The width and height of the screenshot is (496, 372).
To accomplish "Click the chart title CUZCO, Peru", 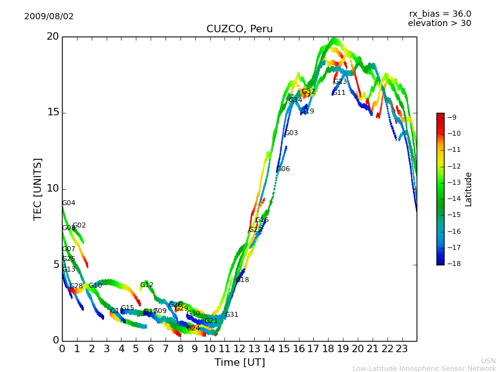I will pyautogui.click(x=239, y=29).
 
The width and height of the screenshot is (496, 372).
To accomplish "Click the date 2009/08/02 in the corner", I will pyautogui.click(x=49, y=17).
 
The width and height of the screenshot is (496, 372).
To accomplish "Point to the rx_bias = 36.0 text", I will pyautogui.click(x=440, y=14).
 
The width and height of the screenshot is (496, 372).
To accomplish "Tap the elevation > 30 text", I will pyautogui.click(x=439, y=24).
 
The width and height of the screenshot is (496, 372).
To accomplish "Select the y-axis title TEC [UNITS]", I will pyautogui.click(x=38, y=188).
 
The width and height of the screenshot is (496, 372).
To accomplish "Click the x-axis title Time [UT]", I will pyautogui.click(x=239, y=363).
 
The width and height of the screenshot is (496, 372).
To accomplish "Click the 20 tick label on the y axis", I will pyautogui.click(x=52, y=37).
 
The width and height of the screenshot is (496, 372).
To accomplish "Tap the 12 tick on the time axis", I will pyautogui.click(x=239, y=349).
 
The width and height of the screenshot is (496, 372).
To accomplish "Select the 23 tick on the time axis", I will pyautogui.click(x=402, y=349).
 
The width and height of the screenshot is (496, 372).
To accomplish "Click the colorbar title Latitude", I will pyautogui.click(x=469, y=189).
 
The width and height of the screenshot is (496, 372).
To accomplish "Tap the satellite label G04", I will pyautogui.click(x=68, y=203).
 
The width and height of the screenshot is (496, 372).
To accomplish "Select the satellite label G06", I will pyautogui.click(x=283, y=169).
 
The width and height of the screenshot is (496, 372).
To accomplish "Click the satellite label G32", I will pyautogui.click(x=308, y=92).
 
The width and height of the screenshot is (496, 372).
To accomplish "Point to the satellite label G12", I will pyautogui.click(x=146, y=285).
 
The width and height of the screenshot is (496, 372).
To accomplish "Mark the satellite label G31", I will pyautogui.click(x=231, y=315).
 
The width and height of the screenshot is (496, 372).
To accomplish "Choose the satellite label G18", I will pyautogui.click(x=242, y=280).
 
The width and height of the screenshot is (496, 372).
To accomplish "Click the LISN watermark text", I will pyautogui.click(x=488, y=361).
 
